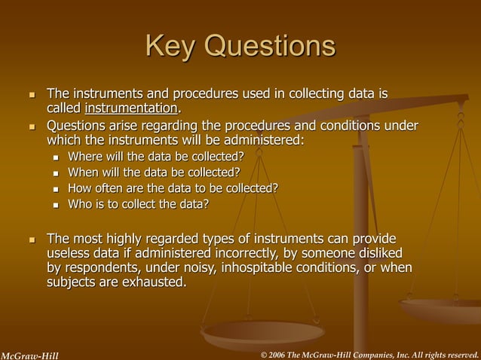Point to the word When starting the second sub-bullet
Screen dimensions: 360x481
pyautogui.click(x=85, y=172)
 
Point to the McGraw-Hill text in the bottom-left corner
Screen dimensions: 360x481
pyautogui.click(x=29, y=354)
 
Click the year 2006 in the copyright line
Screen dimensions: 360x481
pyautogui.click(x=281, y=354)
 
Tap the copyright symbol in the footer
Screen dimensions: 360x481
pyautogui.click(x=263, y=354)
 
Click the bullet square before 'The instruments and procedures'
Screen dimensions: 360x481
pyautogui.click(x=32, y=96)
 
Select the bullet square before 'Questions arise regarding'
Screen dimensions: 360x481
pyautogui.click(x=32, y=127)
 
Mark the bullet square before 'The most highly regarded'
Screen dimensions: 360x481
pyautogui.click(x=32, y=239)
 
